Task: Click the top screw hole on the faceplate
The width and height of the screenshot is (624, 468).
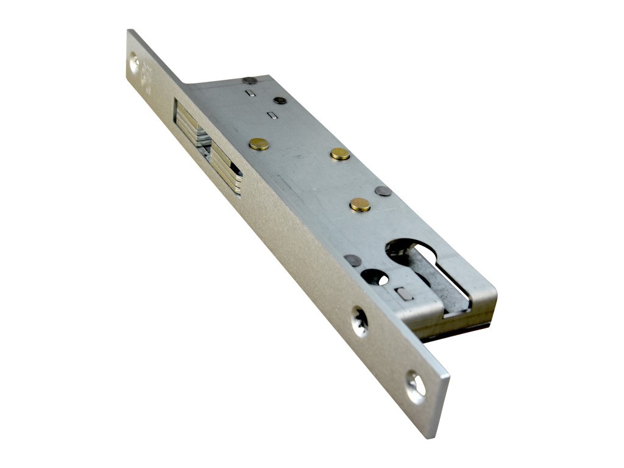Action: coord(134,62)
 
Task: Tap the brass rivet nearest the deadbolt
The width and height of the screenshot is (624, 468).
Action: coord(259,144)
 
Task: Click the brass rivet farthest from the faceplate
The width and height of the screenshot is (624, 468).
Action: coord(340,154)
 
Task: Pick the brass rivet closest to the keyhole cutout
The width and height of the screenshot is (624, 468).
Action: coord(360,205)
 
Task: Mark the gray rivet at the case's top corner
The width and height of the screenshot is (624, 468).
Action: coord(249,80)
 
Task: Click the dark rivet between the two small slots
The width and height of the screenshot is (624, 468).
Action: coord(280,101)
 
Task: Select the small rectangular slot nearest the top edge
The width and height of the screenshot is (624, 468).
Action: coord(249,93)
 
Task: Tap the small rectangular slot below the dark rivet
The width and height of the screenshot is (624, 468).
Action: coord(272,115)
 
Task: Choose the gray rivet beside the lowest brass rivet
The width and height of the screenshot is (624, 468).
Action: coord(383,191)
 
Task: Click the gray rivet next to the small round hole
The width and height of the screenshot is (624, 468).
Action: coord(352,260)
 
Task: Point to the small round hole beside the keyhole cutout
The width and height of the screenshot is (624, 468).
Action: coord(374,278)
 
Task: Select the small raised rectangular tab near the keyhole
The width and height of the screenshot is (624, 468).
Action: coord(403,293)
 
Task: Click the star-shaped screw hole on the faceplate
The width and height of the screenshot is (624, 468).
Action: coord(360,321)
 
